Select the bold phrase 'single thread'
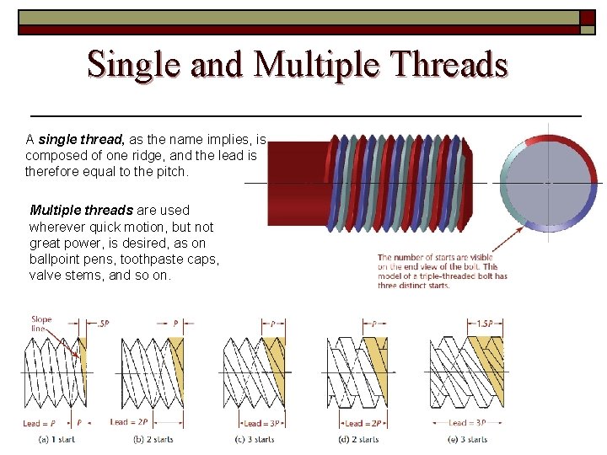click(80, 139)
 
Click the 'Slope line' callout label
click(41, 324)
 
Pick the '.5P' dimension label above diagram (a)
click(103, 324)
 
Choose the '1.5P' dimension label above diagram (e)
click(484, 324)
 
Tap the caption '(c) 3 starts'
click(255, 439)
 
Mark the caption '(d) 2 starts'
click(358, 439)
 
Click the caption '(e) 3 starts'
click(467, 439)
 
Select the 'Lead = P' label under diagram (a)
click(40, 422)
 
